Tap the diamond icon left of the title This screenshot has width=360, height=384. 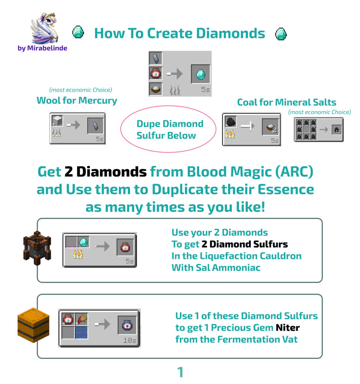point(78,33)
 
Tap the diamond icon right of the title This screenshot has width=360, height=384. point(281,34)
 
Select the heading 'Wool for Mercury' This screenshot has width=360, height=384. point(77,100)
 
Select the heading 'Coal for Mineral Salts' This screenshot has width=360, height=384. point(286,102)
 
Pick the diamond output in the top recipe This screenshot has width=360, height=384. point(201,74)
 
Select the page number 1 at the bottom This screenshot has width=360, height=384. point(180,372)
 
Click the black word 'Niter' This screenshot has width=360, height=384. point(288,328)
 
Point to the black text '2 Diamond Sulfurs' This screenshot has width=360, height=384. point(244,244)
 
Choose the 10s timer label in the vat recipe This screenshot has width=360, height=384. point(130,340)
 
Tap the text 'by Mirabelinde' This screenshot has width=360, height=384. point(42,48)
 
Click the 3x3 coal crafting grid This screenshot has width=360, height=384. point(309,129)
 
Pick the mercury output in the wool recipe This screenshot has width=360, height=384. point(96,126)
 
